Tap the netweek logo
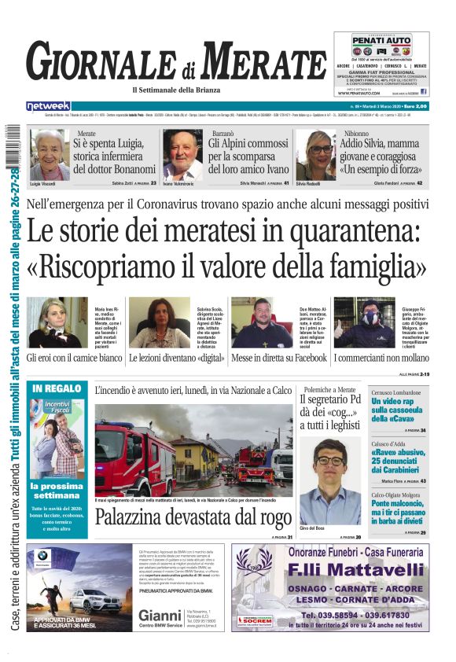(49, 106)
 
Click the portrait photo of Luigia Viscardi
(49, 155)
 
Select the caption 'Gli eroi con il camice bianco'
(75, 358)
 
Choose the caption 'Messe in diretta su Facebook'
(279, 358)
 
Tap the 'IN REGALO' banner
(58, 389)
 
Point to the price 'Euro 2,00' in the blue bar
(410, 106)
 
